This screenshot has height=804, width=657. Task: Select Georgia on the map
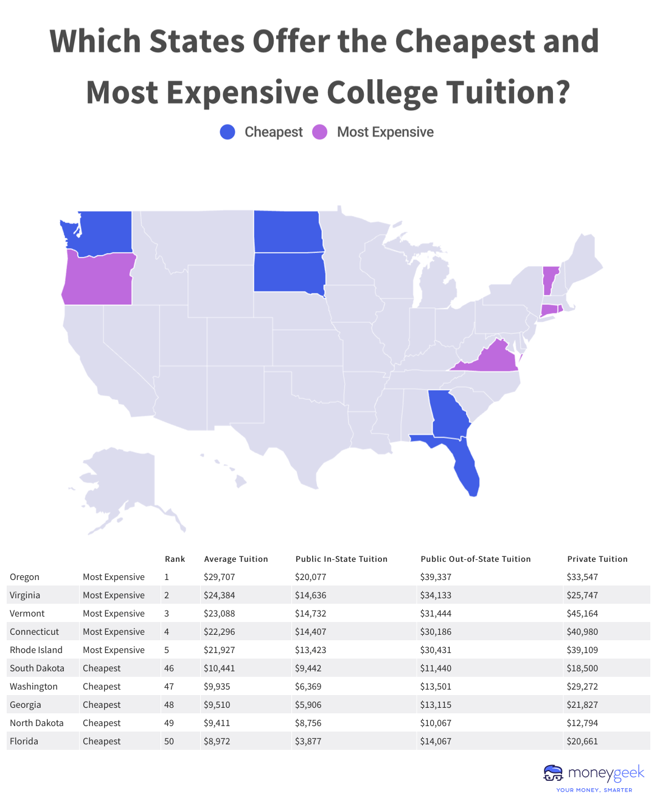tap(449, 414)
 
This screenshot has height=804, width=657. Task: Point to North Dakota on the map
tap(288, 232)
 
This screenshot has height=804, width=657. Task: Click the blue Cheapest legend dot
tap(228, 132)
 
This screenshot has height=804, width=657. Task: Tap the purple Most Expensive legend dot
tap(320, 132)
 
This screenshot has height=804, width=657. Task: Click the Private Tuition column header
tap(597, 559)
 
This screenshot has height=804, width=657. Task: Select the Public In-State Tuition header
tap(341, 559)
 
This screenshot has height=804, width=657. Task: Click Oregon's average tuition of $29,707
tap(219, 577)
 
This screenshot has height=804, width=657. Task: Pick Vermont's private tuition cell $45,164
tap(582, 613)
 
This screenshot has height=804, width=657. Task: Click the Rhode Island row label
tap(36, 650)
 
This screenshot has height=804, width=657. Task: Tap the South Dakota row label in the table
tap(37, 668)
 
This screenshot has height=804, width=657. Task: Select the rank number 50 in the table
tap(169, 741)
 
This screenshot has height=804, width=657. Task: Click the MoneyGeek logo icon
tap(553, 773)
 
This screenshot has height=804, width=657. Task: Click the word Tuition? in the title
tap(508, 93)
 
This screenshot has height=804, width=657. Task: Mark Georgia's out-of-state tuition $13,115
tap(436, 705)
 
